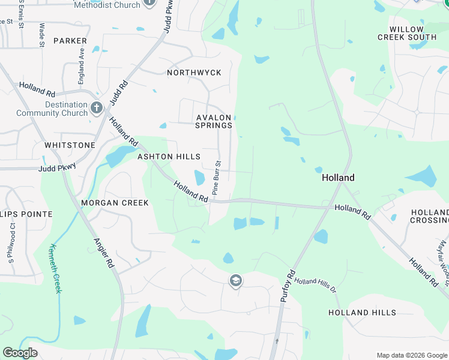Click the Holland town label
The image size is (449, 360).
[338, 178]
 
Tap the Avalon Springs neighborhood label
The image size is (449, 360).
[214, 121]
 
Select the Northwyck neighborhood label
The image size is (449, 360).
[194, 73]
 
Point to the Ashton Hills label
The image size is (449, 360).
[169, 157]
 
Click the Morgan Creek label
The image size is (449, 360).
[115, 203]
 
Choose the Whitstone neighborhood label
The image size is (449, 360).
[70, 145]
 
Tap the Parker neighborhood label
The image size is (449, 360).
[70, 41]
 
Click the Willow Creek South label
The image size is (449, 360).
[406, 33]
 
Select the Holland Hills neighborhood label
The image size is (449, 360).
[362, 313]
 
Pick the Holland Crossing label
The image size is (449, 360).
[430, 217]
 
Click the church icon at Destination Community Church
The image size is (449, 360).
[97, 109]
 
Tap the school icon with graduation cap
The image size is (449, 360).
[236, 281]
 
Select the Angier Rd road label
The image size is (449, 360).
[103, 253]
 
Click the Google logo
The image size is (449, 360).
[20, 353]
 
